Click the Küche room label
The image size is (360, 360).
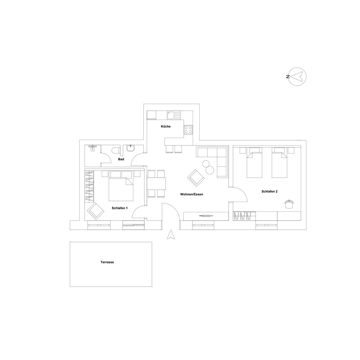click(166, 126)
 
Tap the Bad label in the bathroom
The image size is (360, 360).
click(121, 159)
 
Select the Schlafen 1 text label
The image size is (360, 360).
click(120, 208)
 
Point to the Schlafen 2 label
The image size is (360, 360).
click(270, 191)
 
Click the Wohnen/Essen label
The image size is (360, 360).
click(191, 194)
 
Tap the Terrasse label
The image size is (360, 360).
click(107, 262)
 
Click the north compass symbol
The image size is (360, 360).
click(297, 77)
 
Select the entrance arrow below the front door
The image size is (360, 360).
click(171, 234)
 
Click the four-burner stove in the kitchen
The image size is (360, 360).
click(188, 130)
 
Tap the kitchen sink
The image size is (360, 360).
click(171, 115)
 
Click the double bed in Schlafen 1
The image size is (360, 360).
click(121, 186)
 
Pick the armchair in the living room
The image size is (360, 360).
click(196, 178)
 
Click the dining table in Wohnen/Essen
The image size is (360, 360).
click(157, 183)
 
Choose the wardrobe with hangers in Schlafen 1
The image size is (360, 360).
click(90, 186)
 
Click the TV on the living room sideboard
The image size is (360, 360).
click(206, 216)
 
